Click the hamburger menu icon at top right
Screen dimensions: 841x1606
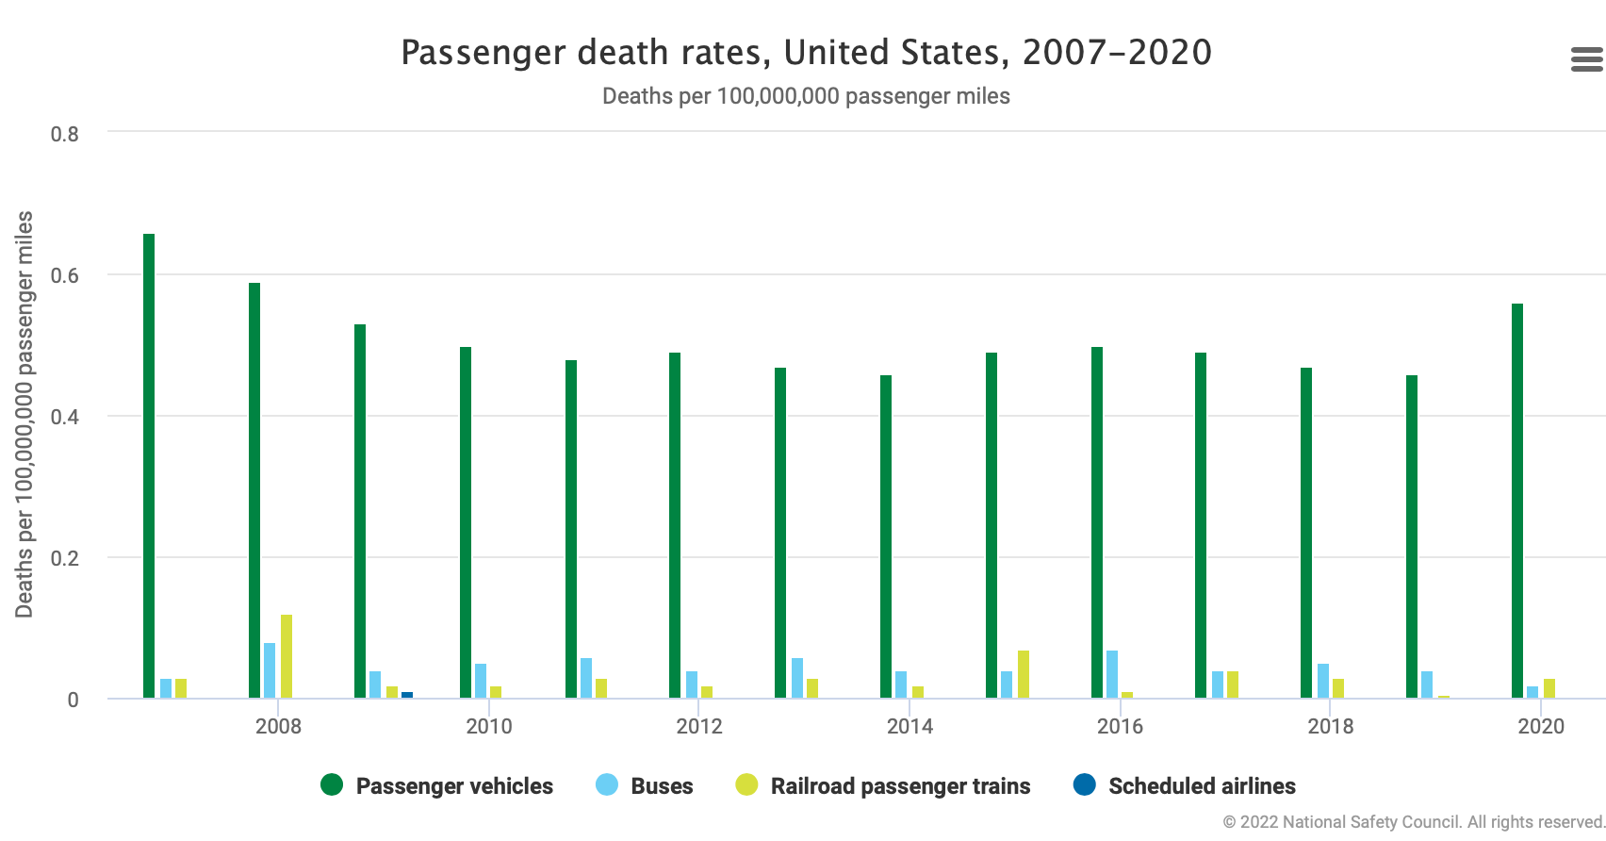pos(1586,59)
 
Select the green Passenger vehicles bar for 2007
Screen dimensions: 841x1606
pos(149,466)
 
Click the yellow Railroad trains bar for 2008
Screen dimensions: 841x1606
pos(287,656)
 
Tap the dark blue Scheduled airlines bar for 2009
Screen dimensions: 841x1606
pos(407,695)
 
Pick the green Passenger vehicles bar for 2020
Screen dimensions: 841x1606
pos(1517,501)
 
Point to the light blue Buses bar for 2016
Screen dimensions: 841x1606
pos(1112,674)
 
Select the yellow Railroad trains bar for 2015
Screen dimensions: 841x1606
pos(1024,674)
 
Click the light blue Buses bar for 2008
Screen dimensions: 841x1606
pos(270,670)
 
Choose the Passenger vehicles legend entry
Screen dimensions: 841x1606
pos(437,785)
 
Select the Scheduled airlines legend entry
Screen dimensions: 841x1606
pos(1185,785)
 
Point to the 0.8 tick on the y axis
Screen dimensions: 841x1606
pos(65,134)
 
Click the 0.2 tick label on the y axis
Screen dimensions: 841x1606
pos(65,558)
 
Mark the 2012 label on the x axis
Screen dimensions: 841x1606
pos(699,726)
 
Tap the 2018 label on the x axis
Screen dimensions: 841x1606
pos(1331,726)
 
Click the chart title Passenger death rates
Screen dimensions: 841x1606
pos(806,53)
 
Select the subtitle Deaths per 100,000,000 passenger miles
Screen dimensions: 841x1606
pos(806,96)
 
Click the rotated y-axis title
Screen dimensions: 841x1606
pos(25,415)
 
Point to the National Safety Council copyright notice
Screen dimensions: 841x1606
pos(1413,822)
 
